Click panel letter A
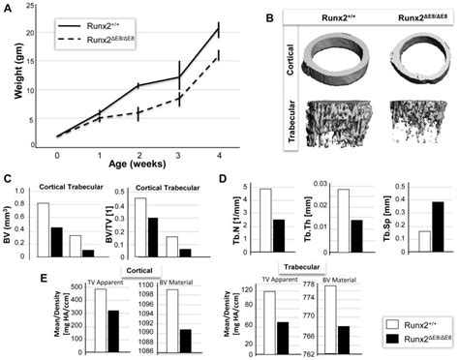[9, 9]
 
